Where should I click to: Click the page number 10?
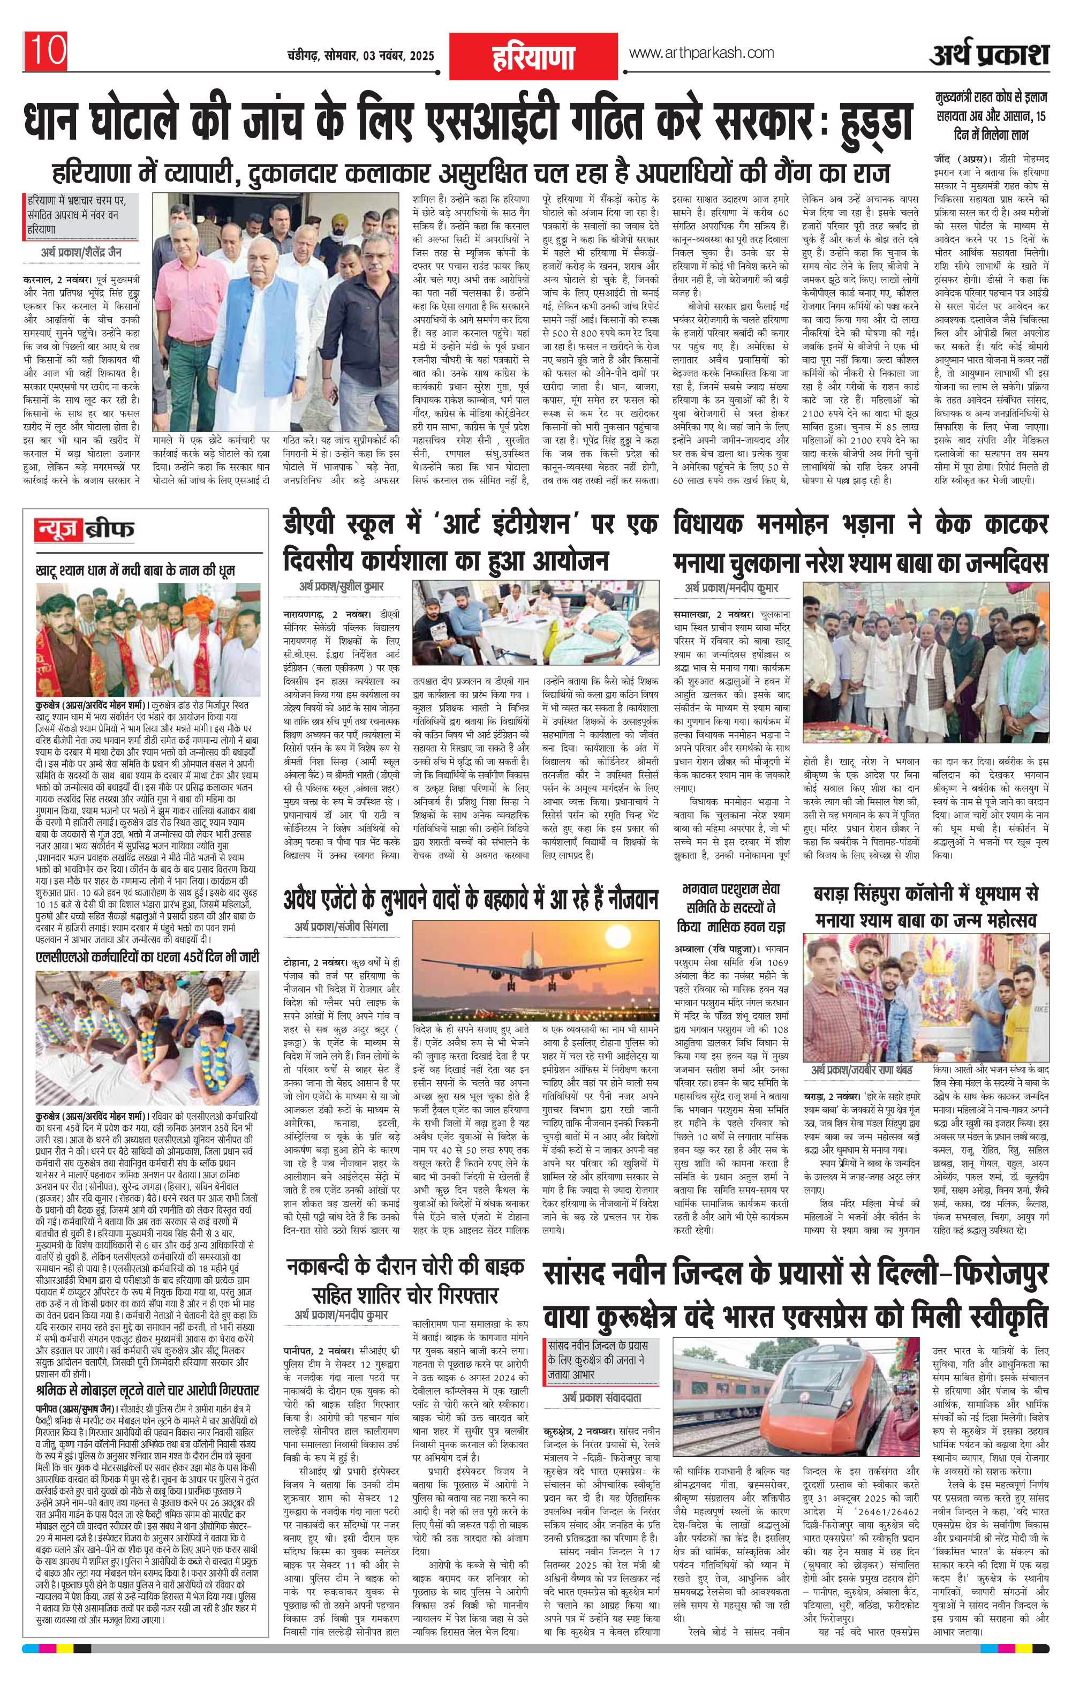click(x=46, y=50)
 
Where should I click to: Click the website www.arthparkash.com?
click(x=701, y=53)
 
